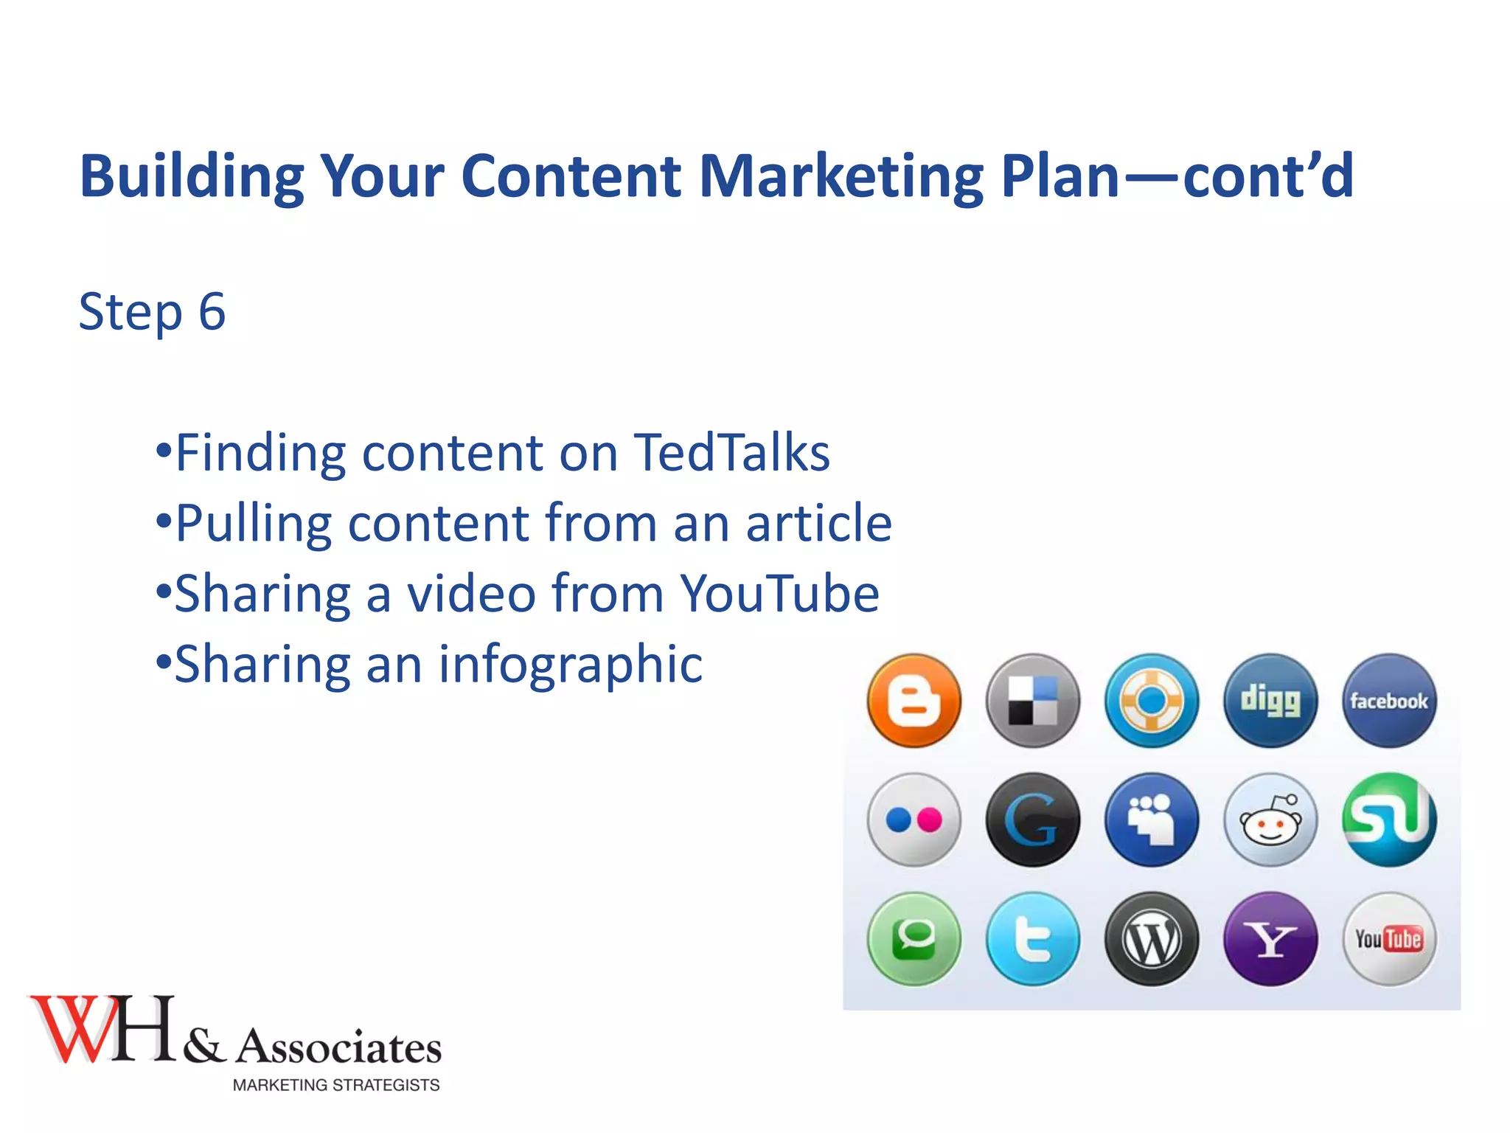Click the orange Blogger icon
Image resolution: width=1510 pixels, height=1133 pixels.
914,701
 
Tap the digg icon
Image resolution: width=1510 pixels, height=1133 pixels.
1270,701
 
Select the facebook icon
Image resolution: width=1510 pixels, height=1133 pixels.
1388,701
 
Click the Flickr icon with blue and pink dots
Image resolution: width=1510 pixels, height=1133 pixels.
914,820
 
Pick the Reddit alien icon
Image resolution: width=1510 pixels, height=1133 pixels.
1270,820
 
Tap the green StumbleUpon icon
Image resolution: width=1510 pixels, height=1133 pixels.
1388,820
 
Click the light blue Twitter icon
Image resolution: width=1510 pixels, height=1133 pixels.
1032,939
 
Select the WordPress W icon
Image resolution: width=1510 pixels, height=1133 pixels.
1151,939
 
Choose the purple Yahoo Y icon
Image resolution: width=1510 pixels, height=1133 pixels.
1270,939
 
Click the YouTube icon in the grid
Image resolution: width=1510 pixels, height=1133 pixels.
1388,939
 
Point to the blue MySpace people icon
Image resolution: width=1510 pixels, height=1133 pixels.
1151,820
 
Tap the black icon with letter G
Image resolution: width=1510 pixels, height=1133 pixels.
1032,820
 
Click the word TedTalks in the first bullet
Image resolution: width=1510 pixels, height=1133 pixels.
731,452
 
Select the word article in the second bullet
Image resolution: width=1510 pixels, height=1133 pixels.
818,523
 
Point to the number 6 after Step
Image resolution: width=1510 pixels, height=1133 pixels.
212,311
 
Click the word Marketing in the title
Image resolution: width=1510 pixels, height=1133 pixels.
841,176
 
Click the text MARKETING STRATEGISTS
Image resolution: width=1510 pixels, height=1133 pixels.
336,1085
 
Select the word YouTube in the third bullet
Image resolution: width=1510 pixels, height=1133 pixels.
779,594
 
